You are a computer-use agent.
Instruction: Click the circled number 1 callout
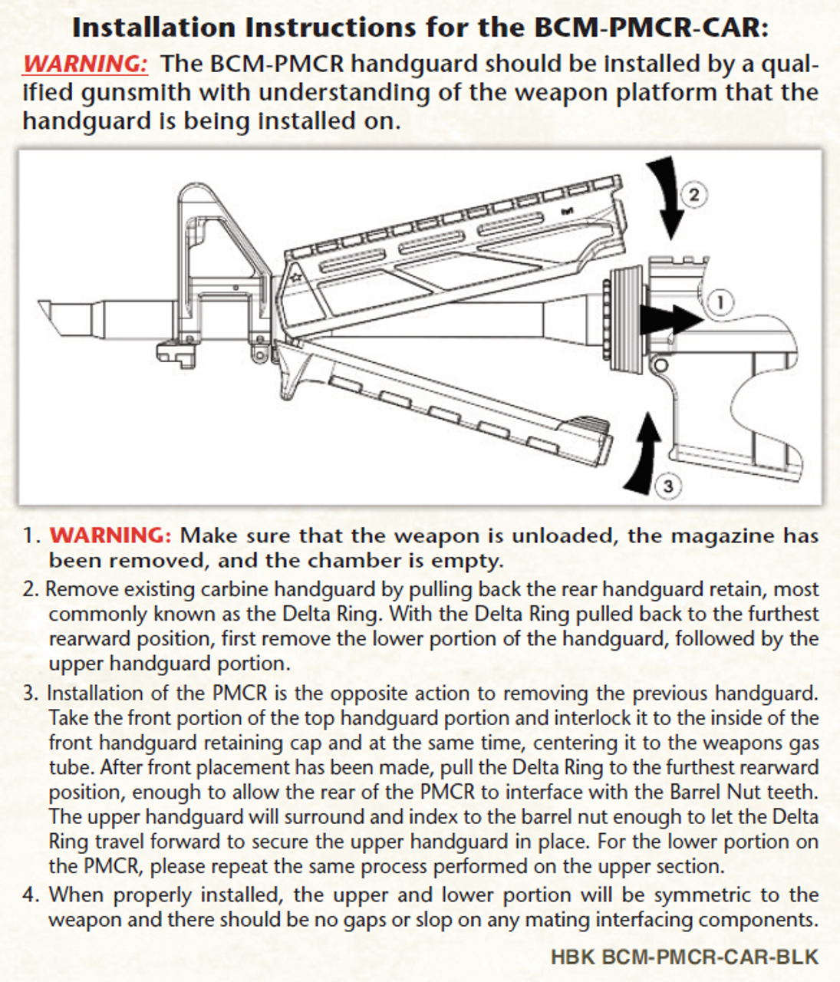coord(720,302)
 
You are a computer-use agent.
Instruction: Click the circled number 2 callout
coord(693,194)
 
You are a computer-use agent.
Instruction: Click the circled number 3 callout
coord(667,486)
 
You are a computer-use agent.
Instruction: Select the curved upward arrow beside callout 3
coord(643,453)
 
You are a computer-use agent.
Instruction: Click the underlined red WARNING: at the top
coord(85,64)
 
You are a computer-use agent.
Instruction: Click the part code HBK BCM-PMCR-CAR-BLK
coord(684,957)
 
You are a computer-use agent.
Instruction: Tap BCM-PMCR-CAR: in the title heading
coord(649,28)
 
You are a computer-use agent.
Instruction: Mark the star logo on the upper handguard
coord(296,274)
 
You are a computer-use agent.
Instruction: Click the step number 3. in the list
coord(31,694)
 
